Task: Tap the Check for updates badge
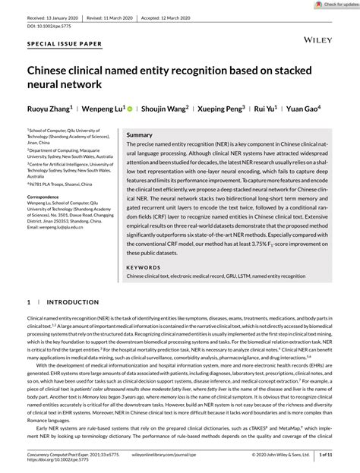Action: point(330,5)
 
